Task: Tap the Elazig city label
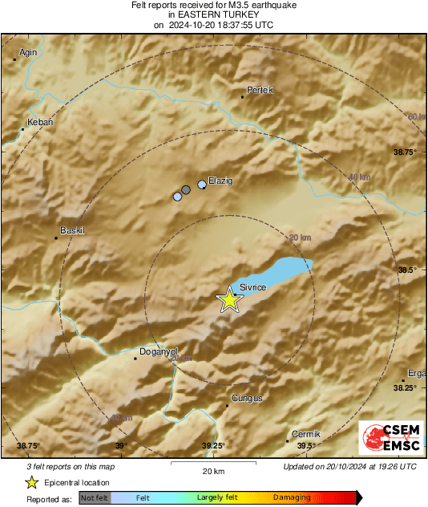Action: click(x=220, y=181)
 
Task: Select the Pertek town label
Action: click(x=260, y=90)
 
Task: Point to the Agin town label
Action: click(x=29, y=52)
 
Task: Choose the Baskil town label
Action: click(x=73, y=231)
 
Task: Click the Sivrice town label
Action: click(x=253, y=288)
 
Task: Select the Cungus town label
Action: click(x=247, y=398)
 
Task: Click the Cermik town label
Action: click(x=306, y=434)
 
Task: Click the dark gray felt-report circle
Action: click(x=186, y=190)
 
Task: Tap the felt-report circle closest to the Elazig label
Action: click(x=202, y=185)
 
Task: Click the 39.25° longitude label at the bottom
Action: click(x=213, y=446)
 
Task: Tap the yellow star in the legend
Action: click(x=31, y=482)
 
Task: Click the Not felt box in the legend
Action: click(x=95, y=498)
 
